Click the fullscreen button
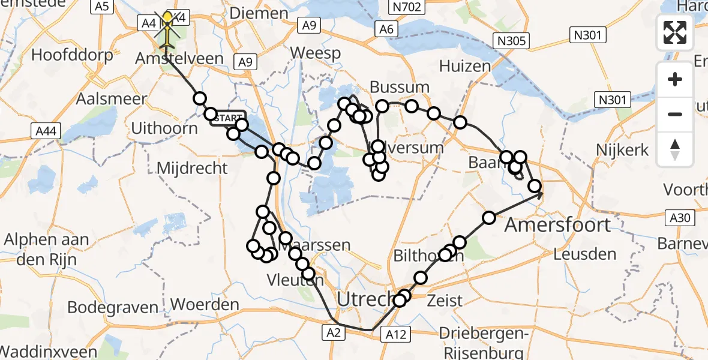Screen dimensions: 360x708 click(x=675, y=32)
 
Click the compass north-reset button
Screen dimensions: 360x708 click(x=675, y=149)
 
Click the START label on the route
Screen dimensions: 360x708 click(x=227, y=118)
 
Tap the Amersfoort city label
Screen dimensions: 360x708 click(x=557, y=225)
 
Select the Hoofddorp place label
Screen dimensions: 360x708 click(x=72, y=56)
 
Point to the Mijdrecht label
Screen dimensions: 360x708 click(x=191, y=167)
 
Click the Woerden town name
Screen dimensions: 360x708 click(x=205, y=305)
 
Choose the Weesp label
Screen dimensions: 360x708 click(x=316, y=53)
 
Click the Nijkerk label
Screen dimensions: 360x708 click(x=622, y=149)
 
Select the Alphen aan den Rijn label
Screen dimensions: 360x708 click(x=46, y=247)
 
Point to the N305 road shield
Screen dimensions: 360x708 click(x=512, y=41)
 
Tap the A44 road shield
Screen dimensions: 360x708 click(x=40, y=130)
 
